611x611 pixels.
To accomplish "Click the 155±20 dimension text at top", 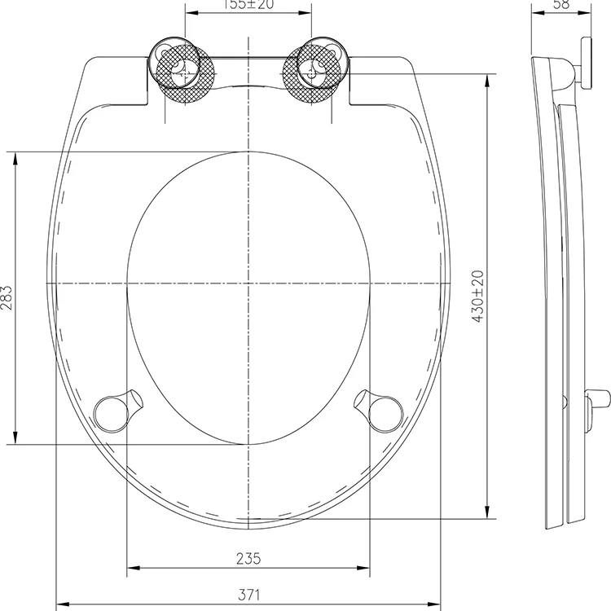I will pos(248,5).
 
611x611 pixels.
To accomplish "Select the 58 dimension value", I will pos(560,5).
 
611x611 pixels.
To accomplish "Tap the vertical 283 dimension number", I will pos(7,298).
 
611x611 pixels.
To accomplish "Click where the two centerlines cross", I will pos(248,283).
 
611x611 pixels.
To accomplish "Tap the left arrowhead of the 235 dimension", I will pos(133,568).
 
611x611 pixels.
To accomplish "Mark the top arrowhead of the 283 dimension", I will pos(15,157).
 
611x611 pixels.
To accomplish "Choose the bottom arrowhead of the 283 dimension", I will pos(15,438).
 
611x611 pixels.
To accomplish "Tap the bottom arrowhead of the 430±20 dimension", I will pos(487,513).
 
